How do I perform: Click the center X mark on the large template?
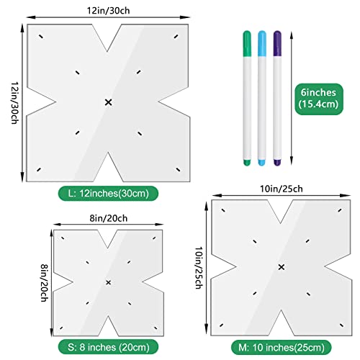click(x=109, y=103)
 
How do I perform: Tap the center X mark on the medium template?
click(x=281, y=267)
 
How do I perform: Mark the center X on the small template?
click(x=108, y=282)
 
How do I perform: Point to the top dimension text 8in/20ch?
click(x=107, y=218)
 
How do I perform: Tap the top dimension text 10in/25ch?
click(x=280, y=188)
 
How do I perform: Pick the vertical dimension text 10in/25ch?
click(x=198, y=266)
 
